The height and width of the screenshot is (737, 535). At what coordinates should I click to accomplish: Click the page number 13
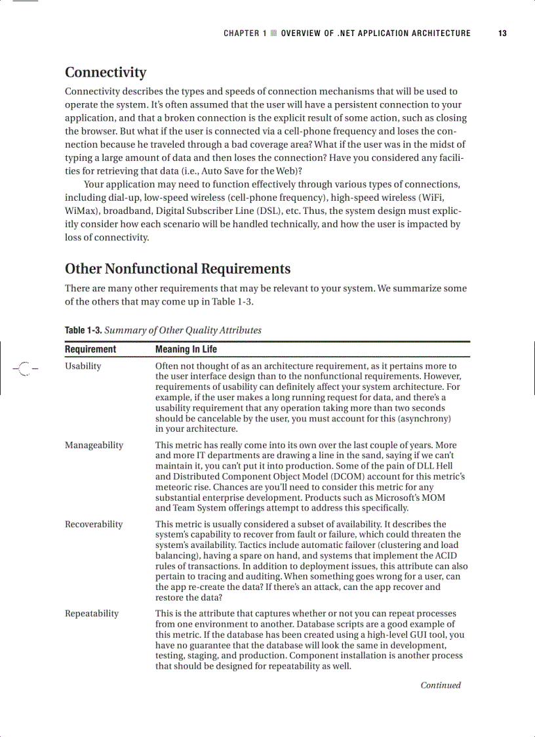point(502,33)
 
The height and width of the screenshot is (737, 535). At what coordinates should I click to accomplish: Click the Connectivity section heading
point(105,72)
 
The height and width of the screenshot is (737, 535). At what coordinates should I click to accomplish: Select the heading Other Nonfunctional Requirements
point(177,268)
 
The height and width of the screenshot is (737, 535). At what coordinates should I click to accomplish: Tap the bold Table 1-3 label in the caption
point(83,330)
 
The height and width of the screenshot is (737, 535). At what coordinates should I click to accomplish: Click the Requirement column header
point(90,349)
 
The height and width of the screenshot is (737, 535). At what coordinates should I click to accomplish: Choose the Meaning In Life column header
point(186,349)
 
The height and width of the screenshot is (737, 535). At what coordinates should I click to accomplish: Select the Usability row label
point(83,366)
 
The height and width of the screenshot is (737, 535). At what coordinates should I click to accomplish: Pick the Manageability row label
point(93,445)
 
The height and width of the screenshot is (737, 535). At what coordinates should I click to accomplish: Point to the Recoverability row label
point(93,524)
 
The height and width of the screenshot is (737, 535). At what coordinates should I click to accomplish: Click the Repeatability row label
point(91,613)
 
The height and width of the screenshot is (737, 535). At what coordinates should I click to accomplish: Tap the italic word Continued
point(440,685)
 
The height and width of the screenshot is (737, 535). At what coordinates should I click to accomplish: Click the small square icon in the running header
point(273,33)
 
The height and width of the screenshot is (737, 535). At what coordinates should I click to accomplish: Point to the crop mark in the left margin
point(24,368)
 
